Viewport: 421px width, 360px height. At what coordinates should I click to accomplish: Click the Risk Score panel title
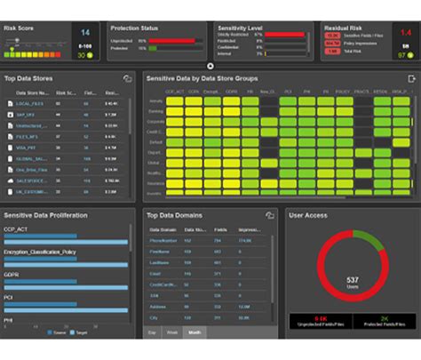coord(20,28)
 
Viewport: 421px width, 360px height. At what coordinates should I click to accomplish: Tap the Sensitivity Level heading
coord(241,28)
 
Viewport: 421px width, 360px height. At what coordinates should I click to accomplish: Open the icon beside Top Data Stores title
coord(127,79)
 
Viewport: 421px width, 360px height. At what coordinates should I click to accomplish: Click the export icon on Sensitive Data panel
coord(410,79)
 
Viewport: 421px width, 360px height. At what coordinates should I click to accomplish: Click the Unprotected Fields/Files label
coord(319,325)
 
